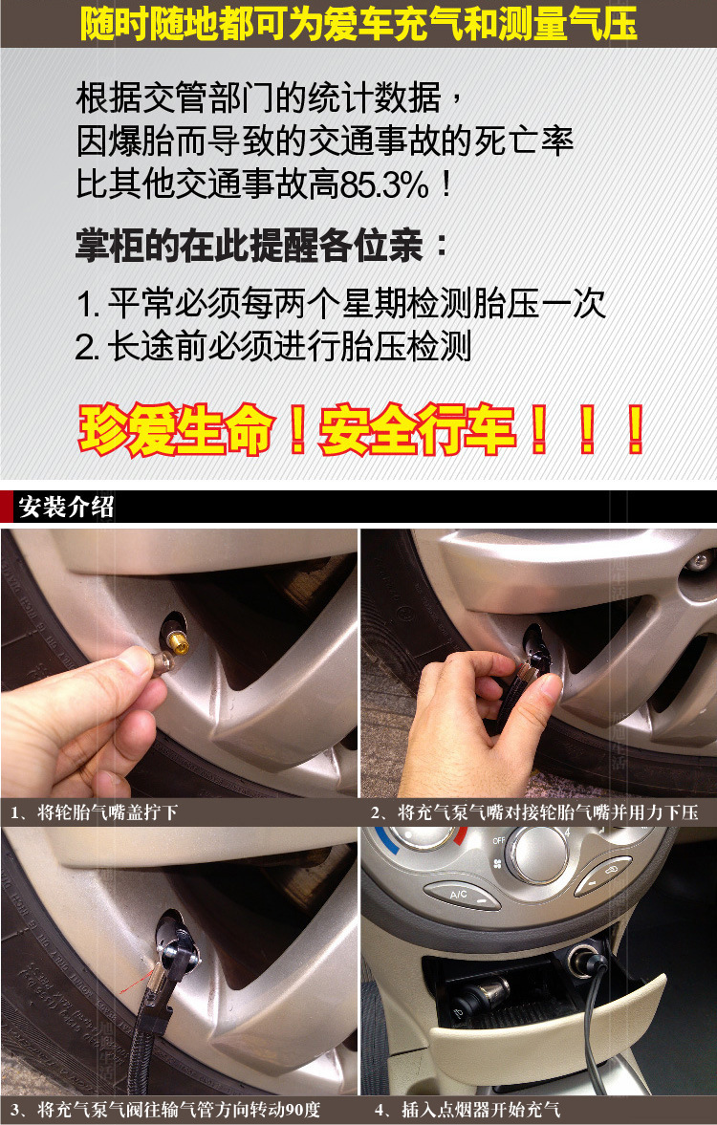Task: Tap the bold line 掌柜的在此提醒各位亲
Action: point(261,246)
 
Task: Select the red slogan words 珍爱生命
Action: point(177,430)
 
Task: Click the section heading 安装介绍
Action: point(66,507)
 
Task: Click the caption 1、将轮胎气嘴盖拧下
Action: point(94,812)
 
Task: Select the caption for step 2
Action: point(534,812)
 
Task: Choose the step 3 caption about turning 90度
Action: point(165,1110)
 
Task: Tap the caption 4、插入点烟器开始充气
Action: point(467,1110)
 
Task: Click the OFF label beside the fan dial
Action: point(499,840)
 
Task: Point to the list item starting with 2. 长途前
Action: point(273,347)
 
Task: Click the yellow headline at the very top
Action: point(358,23)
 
